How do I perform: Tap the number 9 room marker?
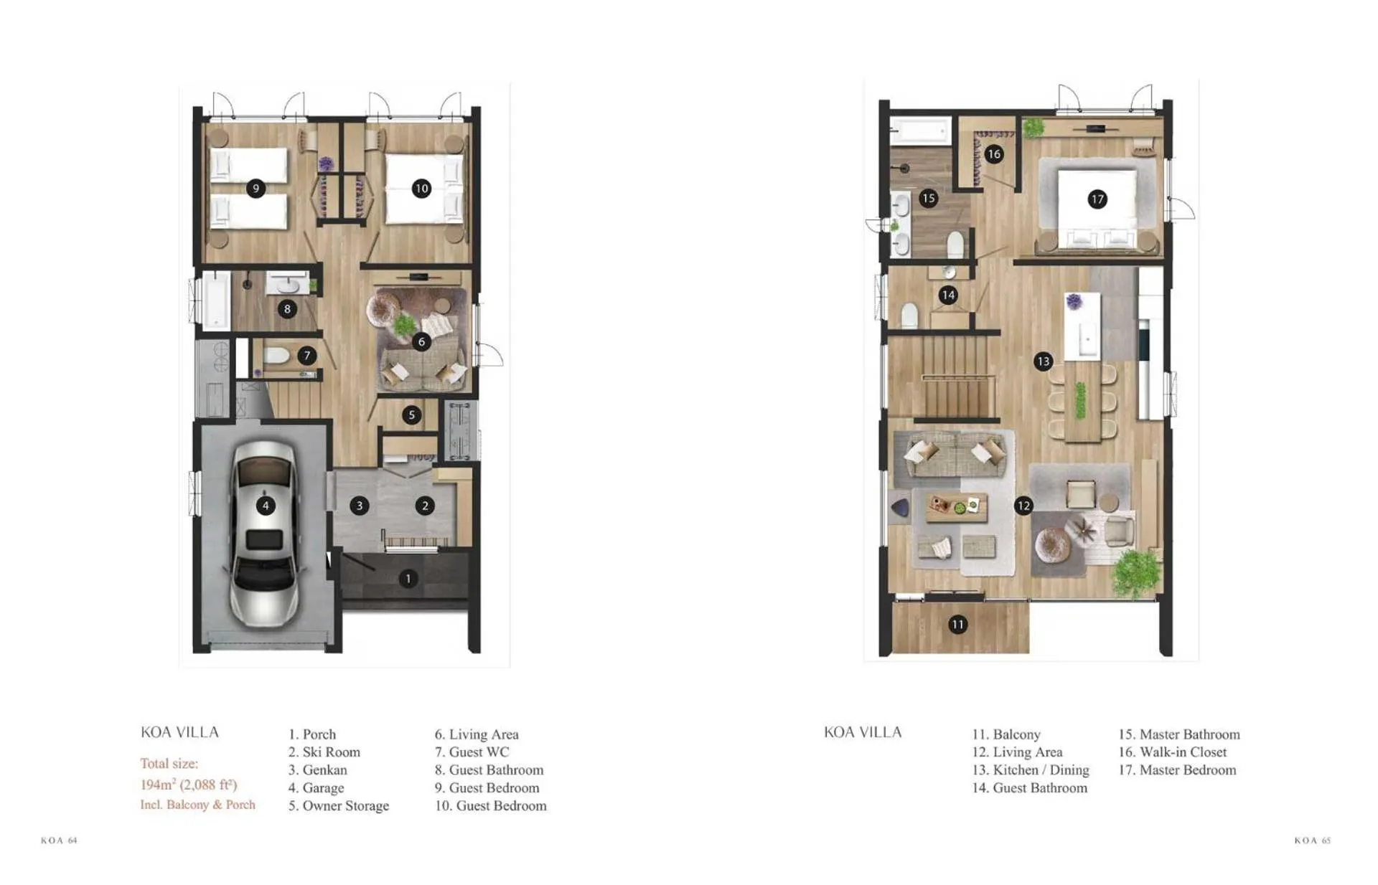[256, 189]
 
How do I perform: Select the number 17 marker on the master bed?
[1097, 199]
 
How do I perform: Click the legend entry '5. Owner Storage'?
[339, 805]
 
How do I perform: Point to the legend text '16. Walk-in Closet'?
[1172, 752]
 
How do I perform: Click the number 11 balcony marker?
[957, 625]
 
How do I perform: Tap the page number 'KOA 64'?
[59, 840]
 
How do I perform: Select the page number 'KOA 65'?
[1313, 840]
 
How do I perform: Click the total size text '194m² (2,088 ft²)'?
[189, 784]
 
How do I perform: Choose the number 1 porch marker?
[408, 578]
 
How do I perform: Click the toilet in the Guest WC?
[276, 356]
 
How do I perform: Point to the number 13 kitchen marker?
[1043, 361]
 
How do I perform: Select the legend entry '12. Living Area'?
[1017, 752]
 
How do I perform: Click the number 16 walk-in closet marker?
[994, 153]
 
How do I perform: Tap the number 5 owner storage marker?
[411, 415]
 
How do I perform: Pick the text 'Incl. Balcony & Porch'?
[197, 805]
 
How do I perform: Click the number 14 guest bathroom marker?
[948, 295]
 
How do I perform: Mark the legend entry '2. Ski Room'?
[324, 752]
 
